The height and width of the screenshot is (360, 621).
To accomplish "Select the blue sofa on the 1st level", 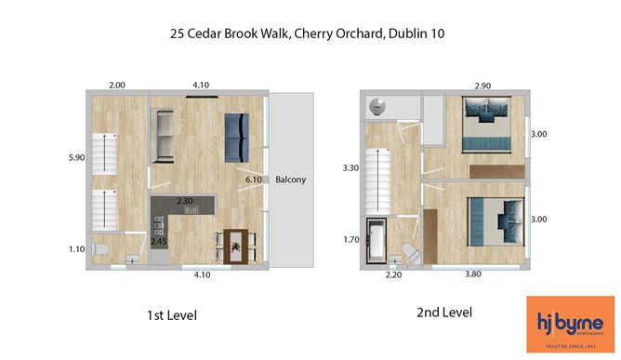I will tap(236, 137).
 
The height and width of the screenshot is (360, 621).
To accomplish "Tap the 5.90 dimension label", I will tap(76, 158).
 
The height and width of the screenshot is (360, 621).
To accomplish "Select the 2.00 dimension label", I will tap(117, 86).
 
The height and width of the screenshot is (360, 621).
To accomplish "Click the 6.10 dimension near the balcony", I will tap(253, 180).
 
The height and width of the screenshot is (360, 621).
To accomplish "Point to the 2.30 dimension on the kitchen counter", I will tap(185, 201).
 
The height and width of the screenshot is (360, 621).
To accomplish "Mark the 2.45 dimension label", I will tap(160, 242).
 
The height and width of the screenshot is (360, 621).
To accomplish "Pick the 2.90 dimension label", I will tap(482, 86).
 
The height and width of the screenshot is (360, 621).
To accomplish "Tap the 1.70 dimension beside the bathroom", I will tap(351, 240).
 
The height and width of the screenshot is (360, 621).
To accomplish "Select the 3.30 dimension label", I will tap(350, 168).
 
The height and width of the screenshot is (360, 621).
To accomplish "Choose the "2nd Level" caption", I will tap(443, 312).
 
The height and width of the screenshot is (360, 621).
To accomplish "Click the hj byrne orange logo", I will tap(569, 324).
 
